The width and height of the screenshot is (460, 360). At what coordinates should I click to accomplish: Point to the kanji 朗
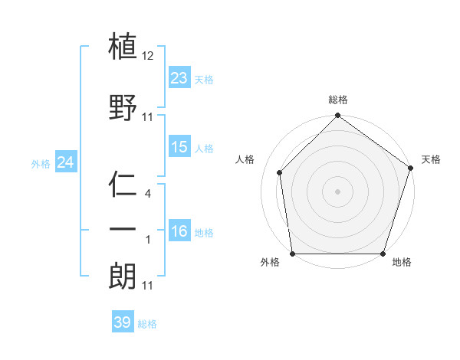coord(123,275)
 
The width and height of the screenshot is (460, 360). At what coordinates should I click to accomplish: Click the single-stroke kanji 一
coord(123,231)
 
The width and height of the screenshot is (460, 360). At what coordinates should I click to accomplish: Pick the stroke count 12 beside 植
coord(148,56)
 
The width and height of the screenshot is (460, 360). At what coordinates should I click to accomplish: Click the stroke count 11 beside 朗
coord(148,286)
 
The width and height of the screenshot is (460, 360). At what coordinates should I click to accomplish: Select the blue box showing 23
coord(179,77)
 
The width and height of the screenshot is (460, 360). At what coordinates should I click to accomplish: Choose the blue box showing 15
coord(179,147)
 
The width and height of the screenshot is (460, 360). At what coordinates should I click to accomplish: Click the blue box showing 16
coord(179,231)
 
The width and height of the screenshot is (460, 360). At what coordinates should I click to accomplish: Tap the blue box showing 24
coord(65,162)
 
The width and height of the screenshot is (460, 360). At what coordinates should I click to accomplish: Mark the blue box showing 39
coord(122,322)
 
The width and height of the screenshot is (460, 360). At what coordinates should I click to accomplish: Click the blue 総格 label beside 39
coord(147,324)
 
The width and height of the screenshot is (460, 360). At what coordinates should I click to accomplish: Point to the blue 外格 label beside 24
coord(41,164)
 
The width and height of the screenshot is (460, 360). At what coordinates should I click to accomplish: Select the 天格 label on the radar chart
coord(431,159)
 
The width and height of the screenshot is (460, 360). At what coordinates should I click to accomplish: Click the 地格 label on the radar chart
coord(402,262)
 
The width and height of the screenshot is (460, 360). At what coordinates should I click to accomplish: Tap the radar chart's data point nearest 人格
coord(280,172)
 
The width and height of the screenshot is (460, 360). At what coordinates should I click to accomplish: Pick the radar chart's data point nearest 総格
coord(337,116)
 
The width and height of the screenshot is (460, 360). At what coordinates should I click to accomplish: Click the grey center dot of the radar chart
coord(337,191)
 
